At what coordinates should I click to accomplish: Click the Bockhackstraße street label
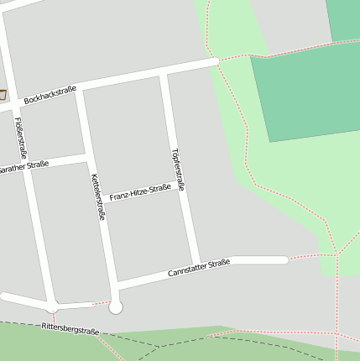(x=50, y=95)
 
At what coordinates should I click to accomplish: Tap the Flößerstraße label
(x=21, y=138)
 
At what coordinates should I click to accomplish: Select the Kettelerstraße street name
(x=98, y=196)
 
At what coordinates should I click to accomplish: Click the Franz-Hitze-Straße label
(x=140, y=192)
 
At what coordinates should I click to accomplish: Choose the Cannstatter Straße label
(x=199, y=268)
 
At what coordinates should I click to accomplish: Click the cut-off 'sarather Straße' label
(x=23, y=167)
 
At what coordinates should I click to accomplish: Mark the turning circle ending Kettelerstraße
(x=116, y=307)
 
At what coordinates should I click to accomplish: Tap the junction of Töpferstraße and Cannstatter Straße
(x=196, y=264)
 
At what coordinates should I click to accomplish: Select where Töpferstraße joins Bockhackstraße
(x=164, y=75)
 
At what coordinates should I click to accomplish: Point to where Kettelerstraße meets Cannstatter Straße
(x=113, y=280)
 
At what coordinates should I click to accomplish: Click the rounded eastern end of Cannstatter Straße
(x=284, y=260)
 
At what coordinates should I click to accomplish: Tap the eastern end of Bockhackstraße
(x=215, y=61)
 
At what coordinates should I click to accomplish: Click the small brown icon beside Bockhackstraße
(x=3, y=94)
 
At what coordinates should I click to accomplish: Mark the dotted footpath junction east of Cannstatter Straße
(x=337, y=254)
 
